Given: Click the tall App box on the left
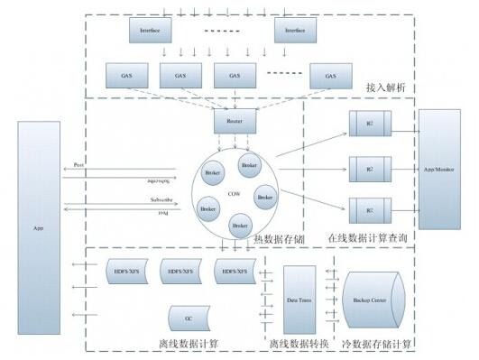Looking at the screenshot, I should click(39, 227).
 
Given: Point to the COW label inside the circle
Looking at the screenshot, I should click(233, 193).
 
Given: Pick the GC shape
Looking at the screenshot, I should click(189, 318).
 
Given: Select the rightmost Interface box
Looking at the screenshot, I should click(296, 32).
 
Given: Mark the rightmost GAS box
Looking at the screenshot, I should click(330, 75).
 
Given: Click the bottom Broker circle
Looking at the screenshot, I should click(240, 226).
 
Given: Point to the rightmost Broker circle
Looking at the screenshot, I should click(265, 196).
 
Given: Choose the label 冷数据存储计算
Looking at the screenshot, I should click(376, 344).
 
